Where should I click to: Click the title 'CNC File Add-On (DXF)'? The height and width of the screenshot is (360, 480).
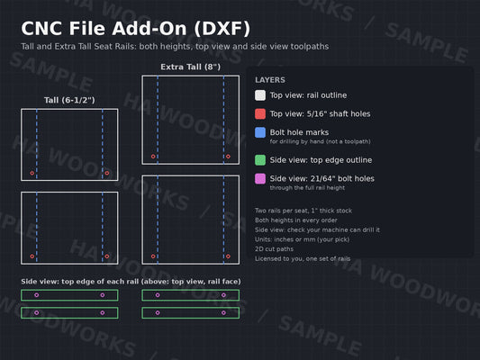click(136, 29)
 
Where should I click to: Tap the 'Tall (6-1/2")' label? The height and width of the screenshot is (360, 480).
click(69, 100)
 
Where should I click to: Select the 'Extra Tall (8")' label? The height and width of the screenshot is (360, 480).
click(190, 67)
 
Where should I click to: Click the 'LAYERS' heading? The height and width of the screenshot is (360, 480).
click(270, 80)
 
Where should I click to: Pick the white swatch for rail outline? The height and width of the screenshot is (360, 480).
click(260, 95)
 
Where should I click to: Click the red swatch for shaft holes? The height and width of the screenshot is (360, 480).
click(260, 113)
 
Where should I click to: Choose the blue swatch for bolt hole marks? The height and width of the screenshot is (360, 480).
click(260, 132)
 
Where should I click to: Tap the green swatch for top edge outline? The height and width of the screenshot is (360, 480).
click(260, 160)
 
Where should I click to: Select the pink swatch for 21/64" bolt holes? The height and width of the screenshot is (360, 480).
click(260, 178)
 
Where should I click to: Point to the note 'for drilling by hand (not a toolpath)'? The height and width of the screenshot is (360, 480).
click(320, 141)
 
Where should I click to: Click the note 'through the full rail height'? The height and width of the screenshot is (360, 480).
click(307, 187)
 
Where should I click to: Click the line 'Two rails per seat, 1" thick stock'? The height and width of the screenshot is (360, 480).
click(303, 211)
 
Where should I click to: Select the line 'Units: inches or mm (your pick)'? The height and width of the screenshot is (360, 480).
click(303, 239)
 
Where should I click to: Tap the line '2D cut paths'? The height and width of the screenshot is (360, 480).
click(274, 249)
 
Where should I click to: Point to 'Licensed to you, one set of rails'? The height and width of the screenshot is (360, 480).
click(303, 258)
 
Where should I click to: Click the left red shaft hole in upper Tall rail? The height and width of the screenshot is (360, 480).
click(32, 173)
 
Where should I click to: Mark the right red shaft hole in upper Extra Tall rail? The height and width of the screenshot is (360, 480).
click(228, 157)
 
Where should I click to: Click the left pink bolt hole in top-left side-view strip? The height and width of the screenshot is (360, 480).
click(37, 295)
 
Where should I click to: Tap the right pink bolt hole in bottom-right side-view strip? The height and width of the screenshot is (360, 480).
click(223, 313)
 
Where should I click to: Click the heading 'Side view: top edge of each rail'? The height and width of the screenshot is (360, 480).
click(80, 282)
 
